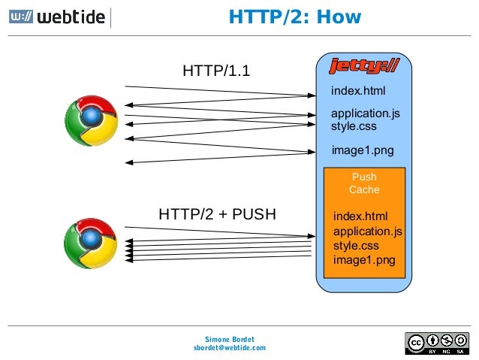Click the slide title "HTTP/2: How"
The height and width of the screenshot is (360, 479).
pos(295,17)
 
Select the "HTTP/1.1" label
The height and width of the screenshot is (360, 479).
pos(216,71)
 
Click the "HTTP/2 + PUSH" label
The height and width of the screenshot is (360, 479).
pos(217,215)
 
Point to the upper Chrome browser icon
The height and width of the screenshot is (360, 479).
pos(91,121)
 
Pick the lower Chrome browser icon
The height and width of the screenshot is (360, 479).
pos(91,244)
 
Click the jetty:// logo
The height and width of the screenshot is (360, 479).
pos(364,66)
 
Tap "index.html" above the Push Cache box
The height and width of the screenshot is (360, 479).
pos(358,92)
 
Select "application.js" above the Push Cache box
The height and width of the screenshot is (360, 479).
pos(366,113)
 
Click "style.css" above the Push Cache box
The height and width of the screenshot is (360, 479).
pos(354,126)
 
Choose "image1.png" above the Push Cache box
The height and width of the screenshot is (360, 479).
pos(362,150)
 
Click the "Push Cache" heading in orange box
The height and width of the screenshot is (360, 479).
pos(364,183)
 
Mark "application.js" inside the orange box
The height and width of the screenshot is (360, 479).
pos(368,231)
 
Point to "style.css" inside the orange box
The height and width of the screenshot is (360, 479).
pos(356,246)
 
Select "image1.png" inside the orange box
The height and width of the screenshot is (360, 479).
pos(364,261)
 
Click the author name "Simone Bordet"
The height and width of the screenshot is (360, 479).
pos(229,339)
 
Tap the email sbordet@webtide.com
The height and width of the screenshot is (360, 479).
pos(229,348)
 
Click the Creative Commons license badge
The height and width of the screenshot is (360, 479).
pos(437,343)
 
